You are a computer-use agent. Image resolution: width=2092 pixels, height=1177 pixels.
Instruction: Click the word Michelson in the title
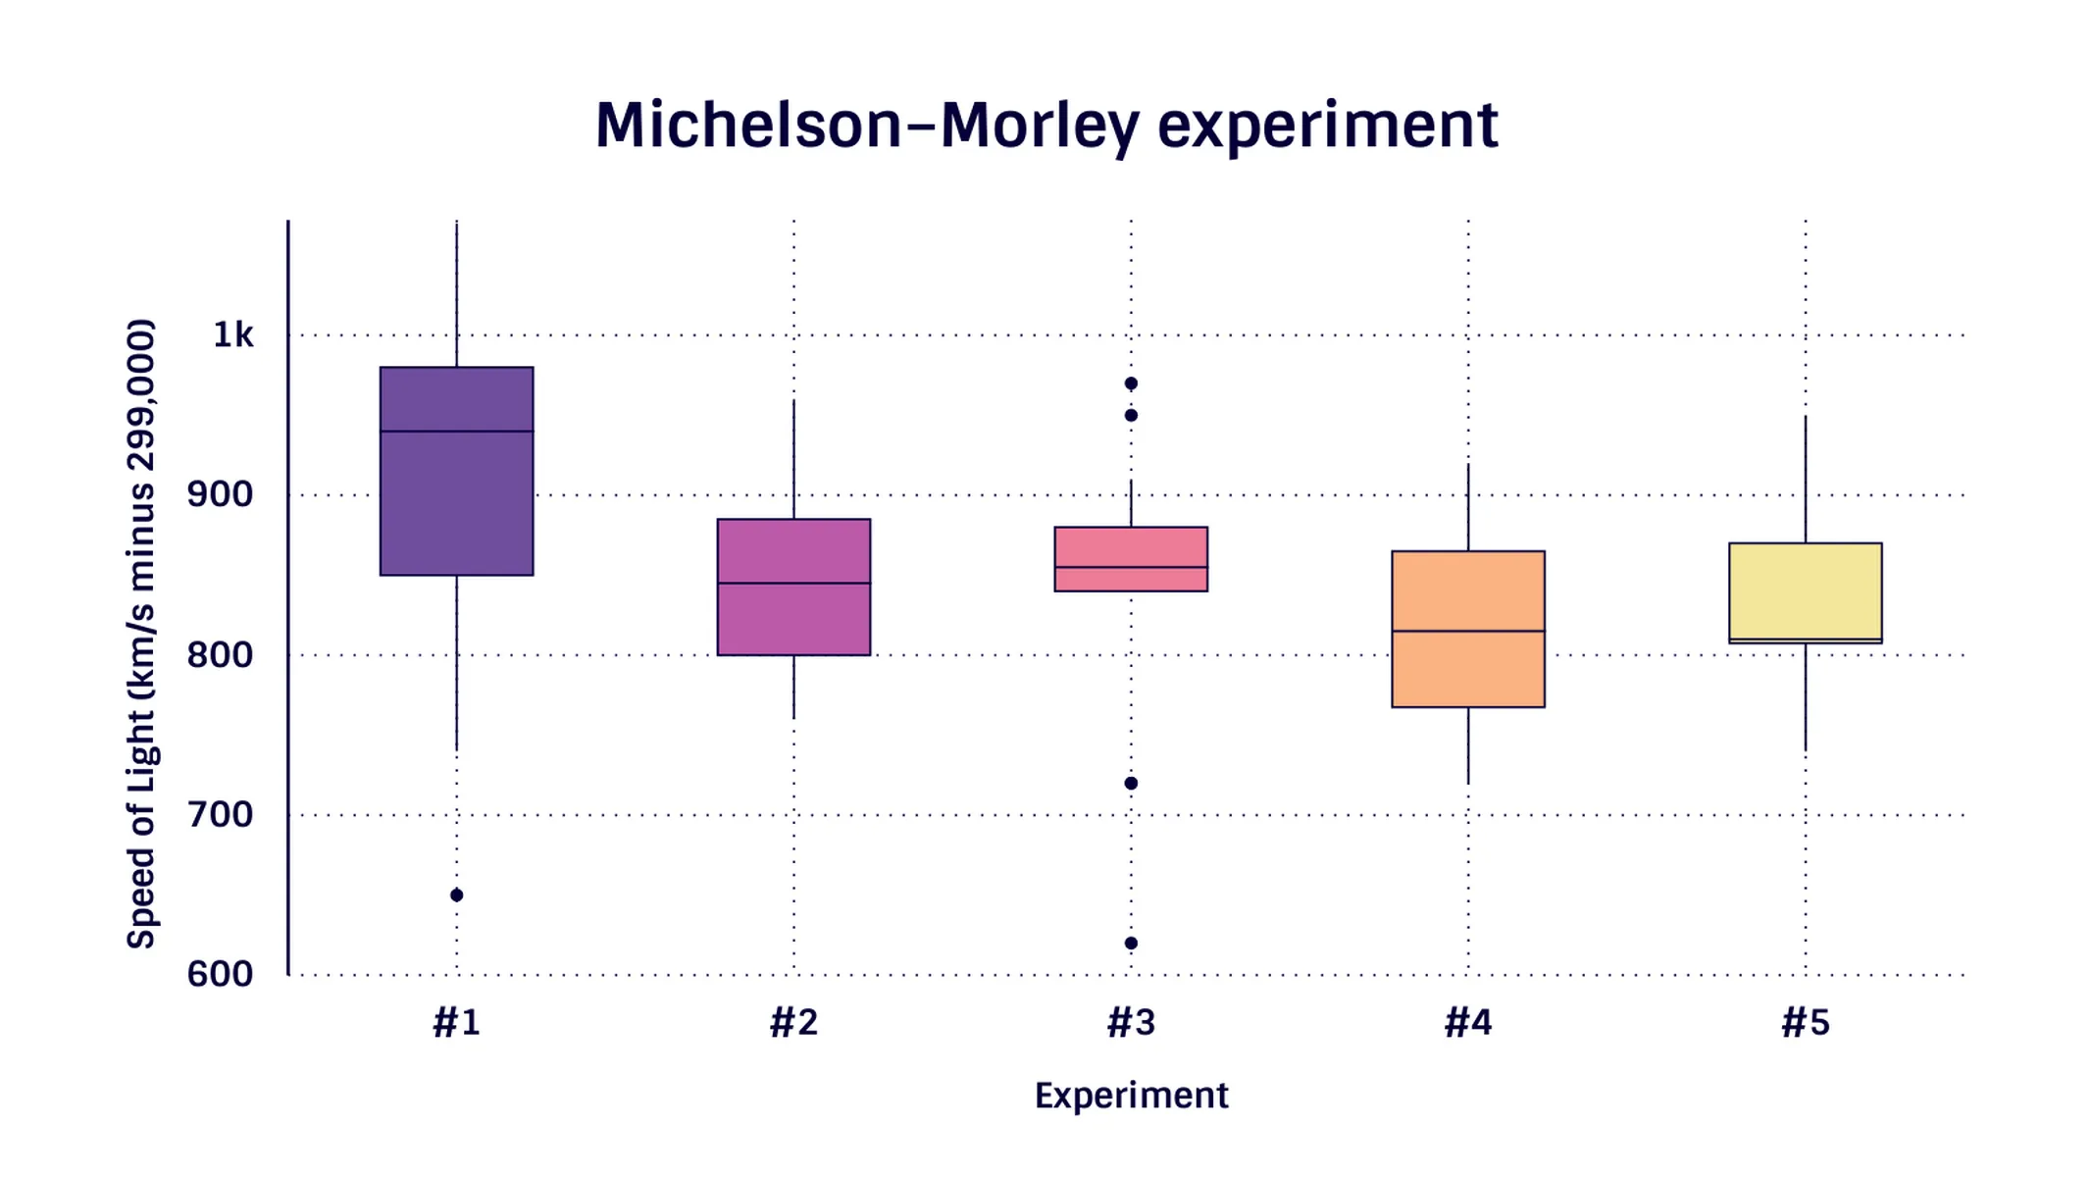tap(747, 126)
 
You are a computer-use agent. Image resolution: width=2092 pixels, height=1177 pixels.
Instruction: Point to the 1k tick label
tap(232, 335)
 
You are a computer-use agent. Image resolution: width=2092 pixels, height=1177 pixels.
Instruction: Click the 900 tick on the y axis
tap(220, 494)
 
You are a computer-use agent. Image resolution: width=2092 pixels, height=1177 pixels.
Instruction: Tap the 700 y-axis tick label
tap(220, 814)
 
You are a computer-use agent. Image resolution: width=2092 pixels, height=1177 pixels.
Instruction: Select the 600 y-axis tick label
tap(220, 974)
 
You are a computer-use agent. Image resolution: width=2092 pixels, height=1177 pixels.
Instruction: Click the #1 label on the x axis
tap(456, 1023)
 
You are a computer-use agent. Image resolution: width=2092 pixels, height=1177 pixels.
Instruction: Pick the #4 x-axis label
tap(1467, 1023)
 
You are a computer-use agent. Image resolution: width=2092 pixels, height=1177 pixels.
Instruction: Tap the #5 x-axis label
tap(1805, 1023)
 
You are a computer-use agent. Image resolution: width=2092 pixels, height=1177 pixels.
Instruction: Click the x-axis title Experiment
tap(1131, 1096)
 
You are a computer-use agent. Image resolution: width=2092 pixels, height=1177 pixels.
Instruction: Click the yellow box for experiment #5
tap(1805, 588)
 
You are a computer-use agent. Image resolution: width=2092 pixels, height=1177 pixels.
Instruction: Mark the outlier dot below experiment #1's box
tap(456, 895)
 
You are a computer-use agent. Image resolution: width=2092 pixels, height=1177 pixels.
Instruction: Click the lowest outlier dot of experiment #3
tap(1131, 943)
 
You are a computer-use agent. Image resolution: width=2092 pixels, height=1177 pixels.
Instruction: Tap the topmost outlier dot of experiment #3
tap(1131, 384)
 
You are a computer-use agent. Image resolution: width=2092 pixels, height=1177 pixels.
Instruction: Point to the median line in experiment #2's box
tap(793, 583)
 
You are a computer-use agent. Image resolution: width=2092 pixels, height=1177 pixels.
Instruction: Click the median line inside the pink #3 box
tap(1131, 567)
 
